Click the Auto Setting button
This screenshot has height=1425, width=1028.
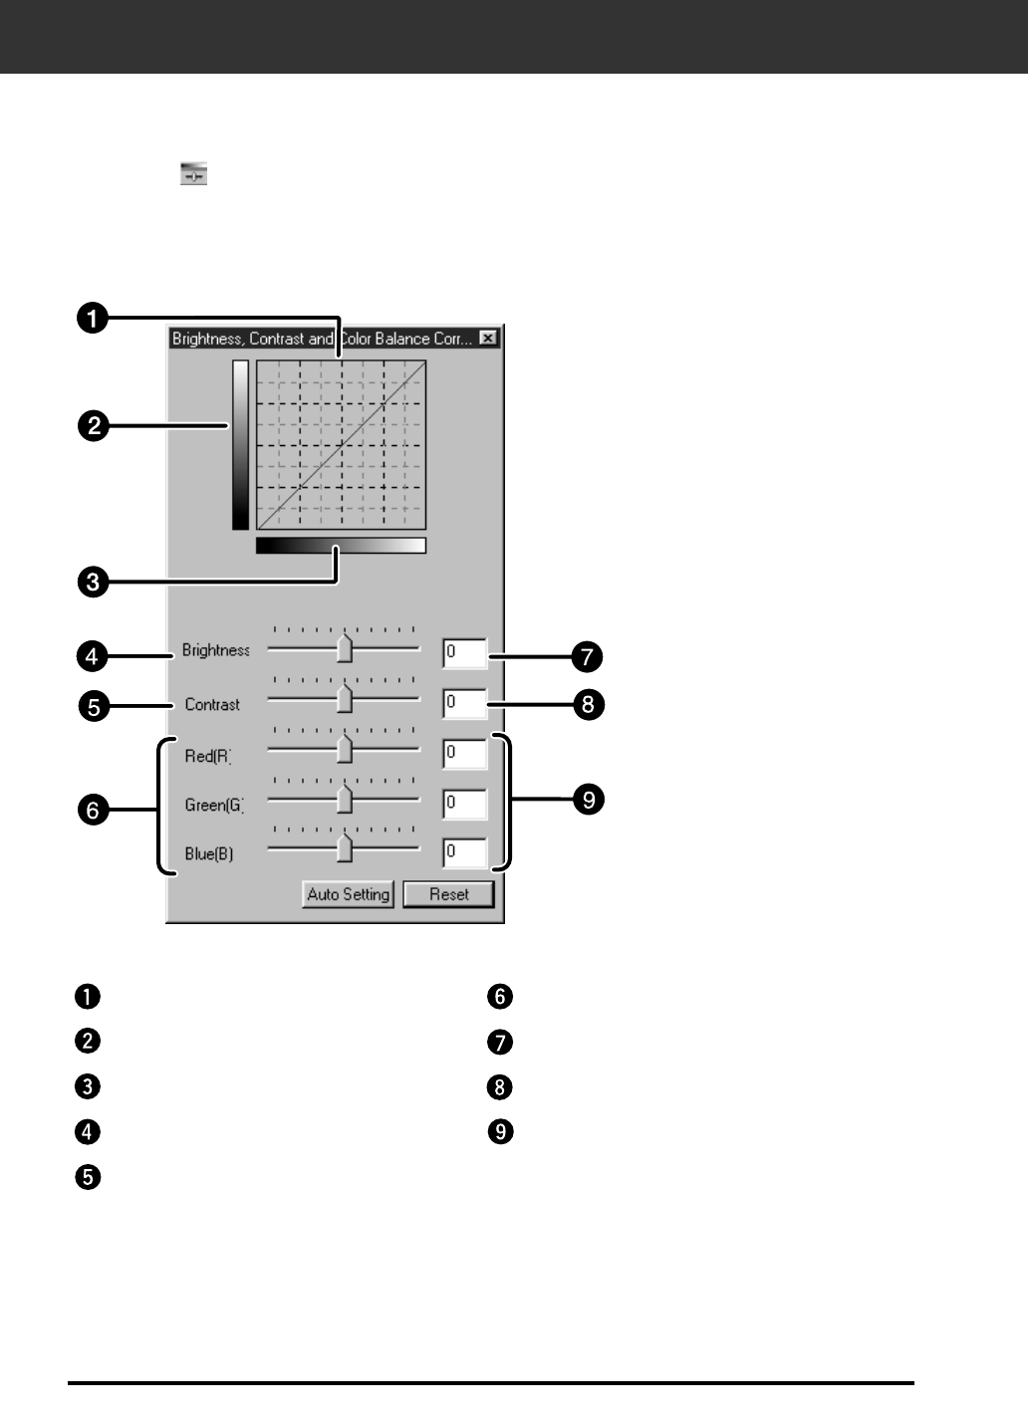click(x=348, y=894)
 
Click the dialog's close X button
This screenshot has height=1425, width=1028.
click(x=487, y=339)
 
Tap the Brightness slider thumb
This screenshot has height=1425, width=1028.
click(x=345, y=648)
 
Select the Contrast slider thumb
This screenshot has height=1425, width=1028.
click(x=345, y=699)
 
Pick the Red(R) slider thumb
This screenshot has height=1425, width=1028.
click(x=345, y=749)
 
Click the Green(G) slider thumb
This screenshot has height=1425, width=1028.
click(x=345, y=799)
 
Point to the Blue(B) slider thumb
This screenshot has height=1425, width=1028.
click(x=345, y=848)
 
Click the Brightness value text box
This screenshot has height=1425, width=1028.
click(x=465, y=653)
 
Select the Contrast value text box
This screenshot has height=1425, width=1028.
click(x=465, y=703)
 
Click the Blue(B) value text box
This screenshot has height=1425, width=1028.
click(x=465, y=852)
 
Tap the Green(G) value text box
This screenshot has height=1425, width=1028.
click(x=465, y=803)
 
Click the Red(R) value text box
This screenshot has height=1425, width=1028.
click(x=465, y=754)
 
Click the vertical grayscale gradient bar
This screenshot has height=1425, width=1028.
click(x=240, y=444)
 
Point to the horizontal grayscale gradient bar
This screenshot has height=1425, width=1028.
click(x=341, y=546)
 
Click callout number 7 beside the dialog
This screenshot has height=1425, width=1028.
click(x=587, y=657)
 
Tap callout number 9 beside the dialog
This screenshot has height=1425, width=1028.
click(x=589, y=801)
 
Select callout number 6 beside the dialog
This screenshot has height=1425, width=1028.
click(x=93, y=811)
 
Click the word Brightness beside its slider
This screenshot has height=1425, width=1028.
click(x=215, y=650)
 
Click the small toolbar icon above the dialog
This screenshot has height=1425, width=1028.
click(x=193, y=174)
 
